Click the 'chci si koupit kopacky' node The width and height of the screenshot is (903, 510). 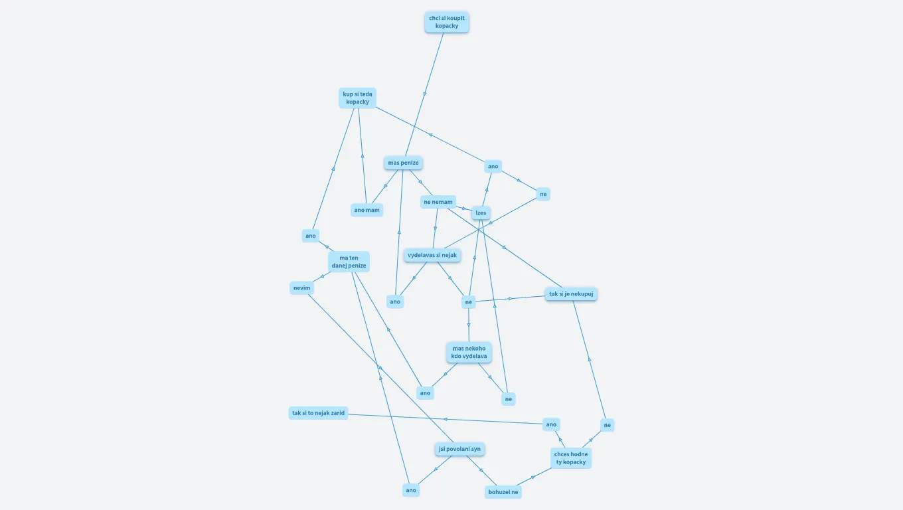[x=446, y=22]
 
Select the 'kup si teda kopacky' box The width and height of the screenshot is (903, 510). [x=357, y=98]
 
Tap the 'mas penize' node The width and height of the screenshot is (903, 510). [x=403, y=163]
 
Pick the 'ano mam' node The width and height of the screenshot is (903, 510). [x=367, y=210]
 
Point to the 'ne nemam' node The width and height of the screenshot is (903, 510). [x=438, y=202]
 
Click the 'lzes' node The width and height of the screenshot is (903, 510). [x=481, y=213]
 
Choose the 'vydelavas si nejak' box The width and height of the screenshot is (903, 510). [x=432, y=255]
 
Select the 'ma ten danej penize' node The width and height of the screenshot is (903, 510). [x=349, y=262]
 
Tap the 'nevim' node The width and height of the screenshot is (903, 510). [x=301, y=288]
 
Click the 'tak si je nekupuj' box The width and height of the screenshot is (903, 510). [x=571, y=294]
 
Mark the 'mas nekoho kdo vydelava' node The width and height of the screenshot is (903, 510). [x=469, y=352]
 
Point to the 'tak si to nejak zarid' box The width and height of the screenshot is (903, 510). [x=318, y=413]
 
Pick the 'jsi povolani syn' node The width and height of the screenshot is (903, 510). [x=459, y=449]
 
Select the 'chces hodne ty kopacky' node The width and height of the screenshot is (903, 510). [x=570, y=458]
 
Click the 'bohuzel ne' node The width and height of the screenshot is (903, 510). [x=503, y=492]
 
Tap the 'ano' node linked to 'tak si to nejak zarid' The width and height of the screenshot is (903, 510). [x=550, y=424]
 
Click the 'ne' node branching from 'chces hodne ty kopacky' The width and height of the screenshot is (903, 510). [x=607, y=425]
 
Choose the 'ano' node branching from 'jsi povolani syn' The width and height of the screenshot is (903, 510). [x=411, y=490]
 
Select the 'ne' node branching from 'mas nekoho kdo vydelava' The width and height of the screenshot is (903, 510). [x=508, y=399]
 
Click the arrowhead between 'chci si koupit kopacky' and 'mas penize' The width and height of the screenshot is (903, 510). [x=425, y=94]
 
